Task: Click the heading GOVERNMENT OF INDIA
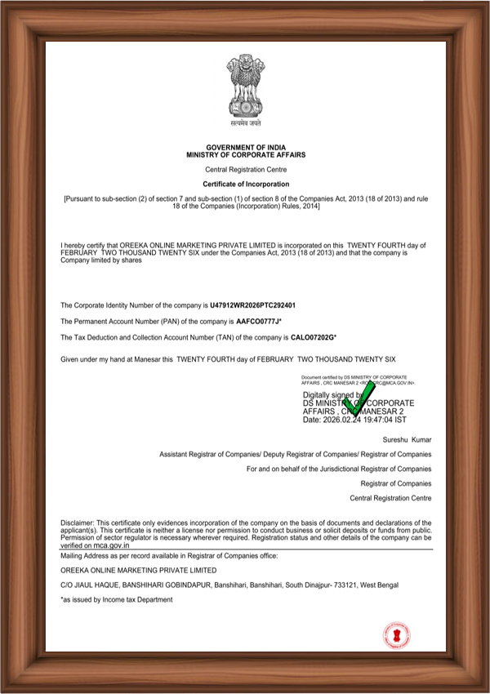pyautogui.click(x=246, y=147)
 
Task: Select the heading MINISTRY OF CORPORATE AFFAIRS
pyautogui.click(x=246, y=153)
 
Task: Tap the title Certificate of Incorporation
pyautogui.click(x=246, y=185)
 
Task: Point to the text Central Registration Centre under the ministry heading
pyautogui.click(x=246, y=169)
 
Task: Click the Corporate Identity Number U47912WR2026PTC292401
pyautogui.click(x=252, y=305)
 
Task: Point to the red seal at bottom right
pyautogui.click(x=397, y=635)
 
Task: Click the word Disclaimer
pyautogui.click(x=77, y=522)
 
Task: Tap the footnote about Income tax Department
pyautogui.click(x=117, y=599)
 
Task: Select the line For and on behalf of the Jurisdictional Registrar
pyautogui.click(x=338, y=469)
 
